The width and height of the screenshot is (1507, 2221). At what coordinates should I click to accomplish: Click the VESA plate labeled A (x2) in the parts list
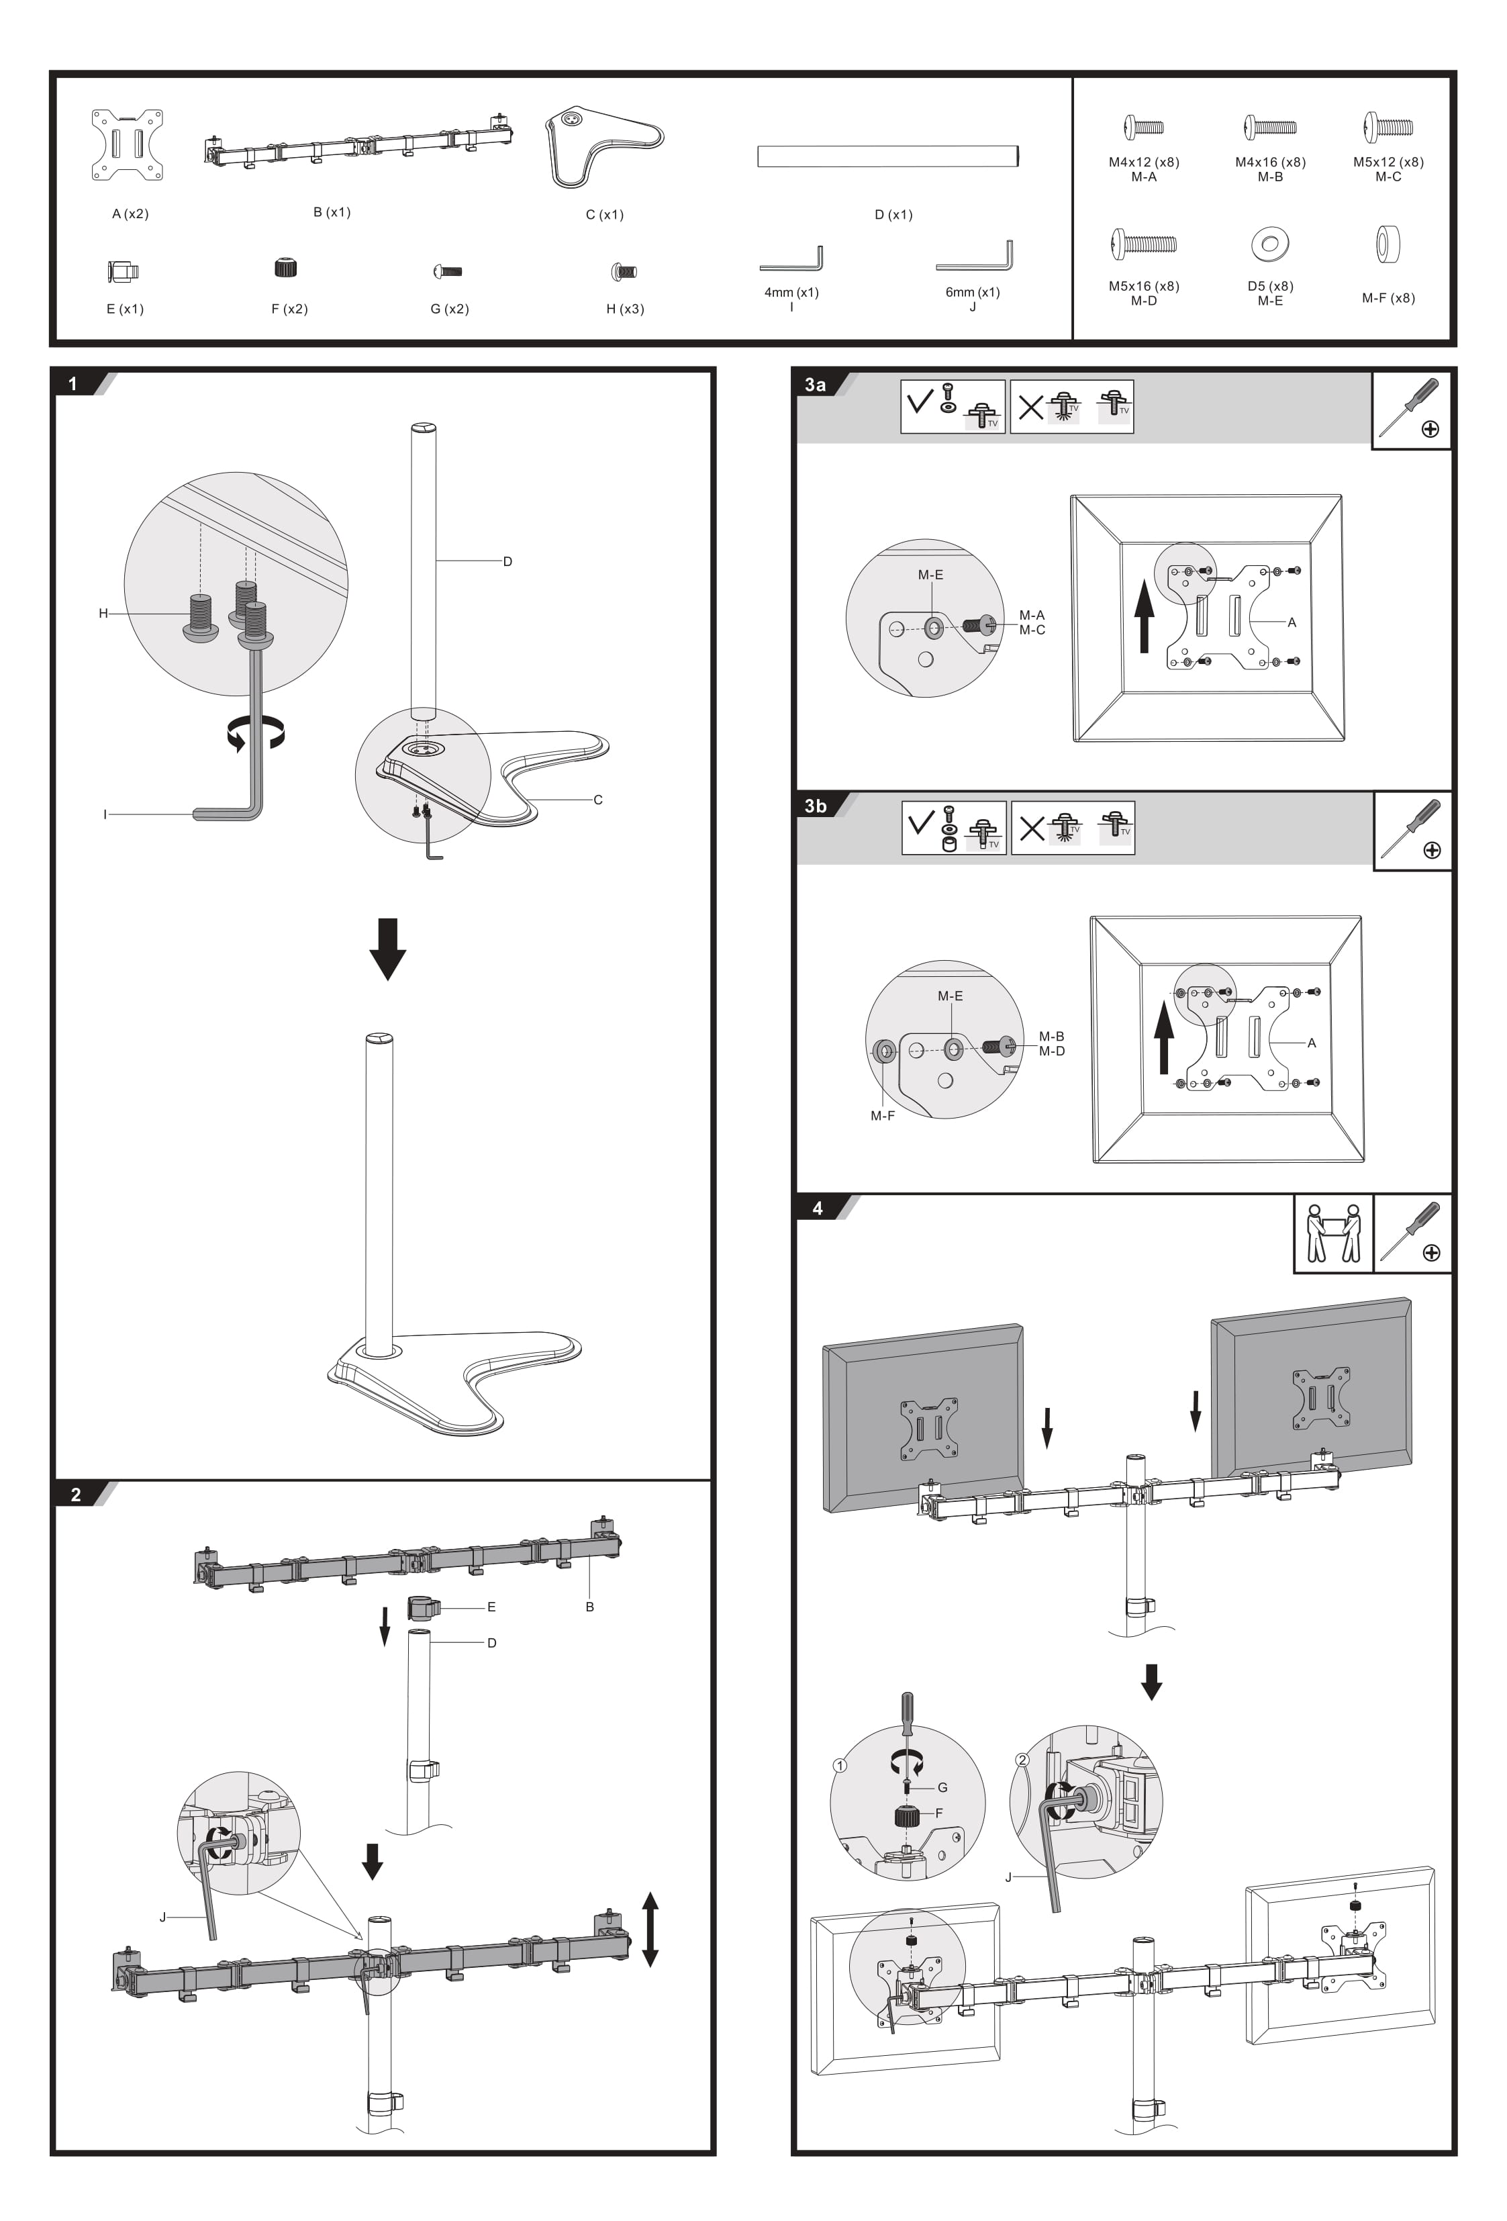(127, 145)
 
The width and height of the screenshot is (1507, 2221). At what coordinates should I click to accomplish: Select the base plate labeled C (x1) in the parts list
(604, 145)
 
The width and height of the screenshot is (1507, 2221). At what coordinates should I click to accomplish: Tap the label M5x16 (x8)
(1144, 286)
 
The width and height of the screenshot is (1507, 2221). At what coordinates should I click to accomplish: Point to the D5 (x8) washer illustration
(1270, 244)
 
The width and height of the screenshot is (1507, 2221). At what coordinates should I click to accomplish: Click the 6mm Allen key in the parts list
(975, 258)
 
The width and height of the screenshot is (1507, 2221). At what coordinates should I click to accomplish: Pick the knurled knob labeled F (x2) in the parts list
(285, 268)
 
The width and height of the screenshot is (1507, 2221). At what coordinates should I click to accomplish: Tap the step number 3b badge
(815, 806)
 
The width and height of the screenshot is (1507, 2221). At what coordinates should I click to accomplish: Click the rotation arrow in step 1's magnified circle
(255, 733)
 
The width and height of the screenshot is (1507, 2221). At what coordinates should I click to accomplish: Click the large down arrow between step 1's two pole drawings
(387, 949)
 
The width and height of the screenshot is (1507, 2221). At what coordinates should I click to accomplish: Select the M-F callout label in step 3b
(882, 1115)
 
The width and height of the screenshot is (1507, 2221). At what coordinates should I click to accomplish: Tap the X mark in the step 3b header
(1031, 828)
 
